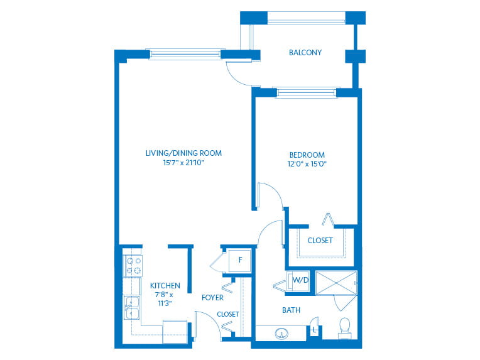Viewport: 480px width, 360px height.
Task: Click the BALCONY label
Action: [x=305, y=53]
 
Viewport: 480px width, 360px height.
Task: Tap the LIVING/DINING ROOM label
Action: [x=183, y=153]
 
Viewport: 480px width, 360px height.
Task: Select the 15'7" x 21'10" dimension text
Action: [x=183, y=163]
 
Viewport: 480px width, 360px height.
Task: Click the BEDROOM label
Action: [x=307, y=155]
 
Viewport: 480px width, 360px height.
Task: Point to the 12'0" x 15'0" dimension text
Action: [x=307, y=164]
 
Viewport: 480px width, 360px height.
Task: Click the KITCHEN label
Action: [x=165, y=286]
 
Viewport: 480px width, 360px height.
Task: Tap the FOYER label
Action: [x=212, y=298]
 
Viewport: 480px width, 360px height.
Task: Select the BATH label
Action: [x=291, y=310]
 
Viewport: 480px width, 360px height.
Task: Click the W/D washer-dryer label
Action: [x=300, y=280]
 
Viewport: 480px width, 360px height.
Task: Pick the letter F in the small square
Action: [x=240, y=260]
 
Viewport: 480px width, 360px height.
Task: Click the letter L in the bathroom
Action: [x=314, y=330]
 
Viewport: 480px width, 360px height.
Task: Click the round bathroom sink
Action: [x=281, y=334]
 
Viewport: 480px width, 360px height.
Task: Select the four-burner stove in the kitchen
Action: [x=134, y=266]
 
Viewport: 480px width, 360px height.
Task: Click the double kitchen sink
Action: [x=132, y=308]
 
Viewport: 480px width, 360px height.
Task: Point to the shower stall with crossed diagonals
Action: [x=336, y=283]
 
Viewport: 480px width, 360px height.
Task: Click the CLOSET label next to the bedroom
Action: [x=320, y=241]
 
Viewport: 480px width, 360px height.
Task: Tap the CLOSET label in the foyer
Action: [x=228, y=314]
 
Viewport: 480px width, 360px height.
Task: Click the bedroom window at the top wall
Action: [x=307, y=92]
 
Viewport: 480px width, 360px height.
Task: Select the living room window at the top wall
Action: [x=185, y=54]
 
